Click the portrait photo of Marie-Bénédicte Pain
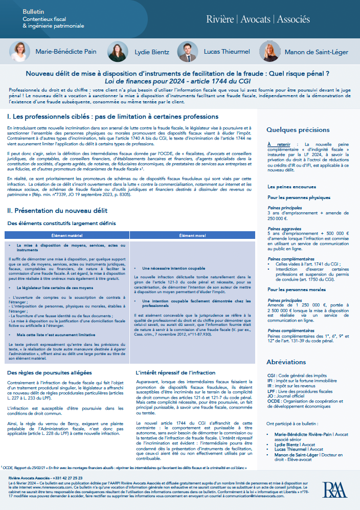[19, 51]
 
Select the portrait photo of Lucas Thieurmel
[187, 51]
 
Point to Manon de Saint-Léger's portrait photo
[268, 51]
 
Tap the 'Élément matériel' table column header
[67, 235]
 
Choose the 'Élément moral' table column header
[193, 235]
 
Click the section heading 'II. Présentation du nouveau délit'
[57, 210]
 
